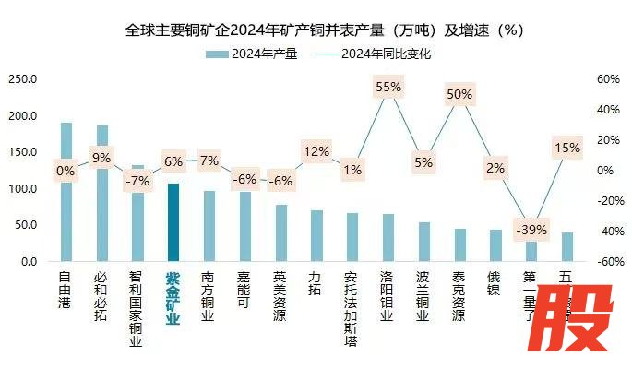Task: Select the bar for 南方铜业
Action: click(x=209, y=226)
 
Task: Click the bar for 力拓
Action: click(x=316, y=236)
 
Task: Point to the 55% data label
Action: click(x=388, y=87)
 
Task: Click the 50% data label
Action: click(x=459, y=94)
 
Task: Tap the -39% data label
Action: click(x=531, y=230)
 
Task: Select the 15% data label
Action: click(x=566, y=148)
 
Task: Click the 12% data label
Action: click(x=316, y=151)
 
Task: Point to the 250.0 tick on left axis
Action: click(x=22, y=79)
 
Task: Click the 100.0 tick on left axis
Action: click(x=22, y=189)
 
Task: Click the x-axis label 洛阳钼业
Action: click(x=388, y=295)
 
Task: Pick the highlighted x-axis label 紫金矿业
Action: click(x=173, y=297)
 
